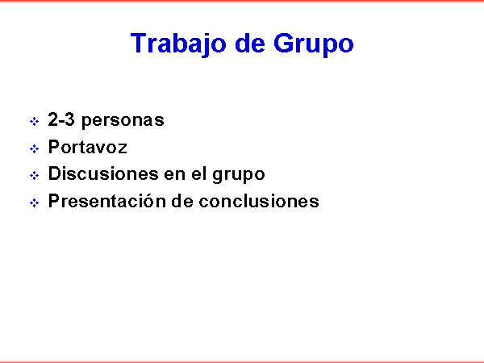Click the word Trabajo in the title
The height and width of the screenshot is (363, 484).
pyautogui.click(x=179, y=44)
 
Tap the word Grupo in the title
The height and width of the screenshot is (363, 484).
pyautogui.click(x=313, y=44)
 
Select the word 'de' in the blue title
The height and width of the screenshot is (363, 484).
pyautogui.click(x=250, y=43)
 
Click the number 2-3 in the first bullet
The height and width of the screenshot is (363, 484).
pyautogui.click(x=61, y=119)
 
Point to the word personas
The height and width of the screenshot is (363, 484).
pyautogui.click(x=123, y=121)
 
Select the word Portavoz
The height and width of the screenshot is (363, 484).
pyautogui.click(x=88, y=147)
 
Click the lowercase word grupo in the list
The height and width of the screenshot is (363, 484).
pyautogui.click(x=238, y=175)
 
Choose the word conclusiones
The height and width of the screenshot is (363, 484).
pyautogui.click(x=259, y=201)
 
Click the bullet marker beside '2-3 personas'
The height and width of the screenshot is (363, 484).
pyautogui.click(x=34, y=121)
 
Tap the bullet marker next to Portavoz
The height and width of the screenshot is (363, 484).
pyautogui.click(x=34, y=148)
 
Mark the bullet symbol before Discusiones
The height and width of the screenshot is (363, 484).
pyautogui.click(x=34, y=176)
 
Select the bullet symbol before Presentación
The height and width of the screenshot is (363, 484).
pyautogui.click(x=34, y=202)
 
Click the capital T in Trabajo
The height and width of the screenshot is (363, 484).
pyautogui.click(x=139, y=43)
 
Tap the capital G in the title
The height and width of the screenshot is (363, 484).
pyautogui.click(x=283, y=43)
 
